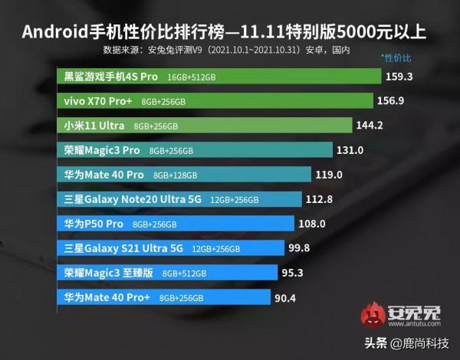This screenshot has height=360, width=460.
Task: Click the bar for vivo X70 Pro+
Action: [215, 101]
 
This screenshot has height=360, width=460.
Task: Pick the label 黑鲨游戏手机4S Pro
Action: [111, 77]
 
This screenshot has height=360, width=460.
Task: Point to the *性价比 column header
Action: [396, 58]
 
